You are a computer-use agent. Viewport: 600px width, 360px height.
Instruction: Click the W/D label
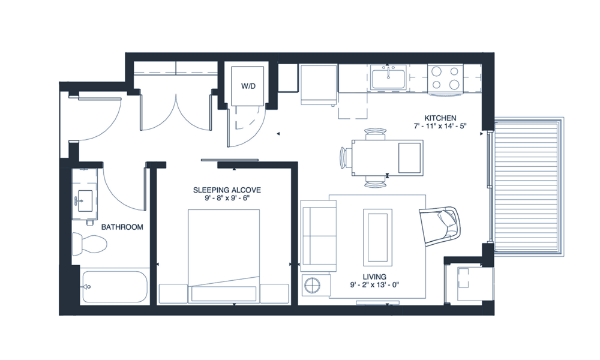[248, 86]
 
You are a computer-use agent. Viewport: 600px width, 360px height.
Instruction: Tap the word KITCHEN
[440, 118]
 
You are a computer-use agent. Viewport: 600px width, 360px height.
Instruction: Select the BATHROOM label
[122, 227]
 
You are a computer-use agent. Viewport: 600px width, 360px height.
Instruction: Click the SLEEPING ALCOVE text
[227, 190]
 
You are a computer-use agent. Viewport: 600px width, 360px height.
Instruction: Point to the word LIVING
[374, 277]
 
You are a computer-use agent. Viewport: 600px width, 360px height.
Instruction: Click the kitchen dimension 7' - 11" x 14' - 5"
[440, 127]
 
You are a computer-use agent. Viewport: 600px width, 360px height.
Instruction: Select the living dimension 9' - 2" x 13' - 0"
[374, 285]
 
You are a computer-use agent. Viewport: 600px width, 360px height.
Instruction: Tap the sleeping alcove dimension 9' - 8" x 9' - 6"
[227, 199]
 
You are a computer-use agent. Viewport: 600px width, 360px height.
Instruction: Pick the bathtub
[115, 287]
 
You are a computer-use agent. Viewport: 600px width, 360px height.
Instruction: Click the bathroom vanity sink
[85, 198]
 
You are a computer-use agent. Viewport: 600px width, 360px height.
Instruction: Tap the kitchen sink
[387, 78]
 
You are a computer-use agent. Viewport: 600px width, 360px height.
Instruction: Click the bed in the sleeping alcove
[224, 255]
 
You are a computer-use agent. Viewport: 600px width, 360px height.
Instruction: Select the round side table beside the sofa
[313, 284]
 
